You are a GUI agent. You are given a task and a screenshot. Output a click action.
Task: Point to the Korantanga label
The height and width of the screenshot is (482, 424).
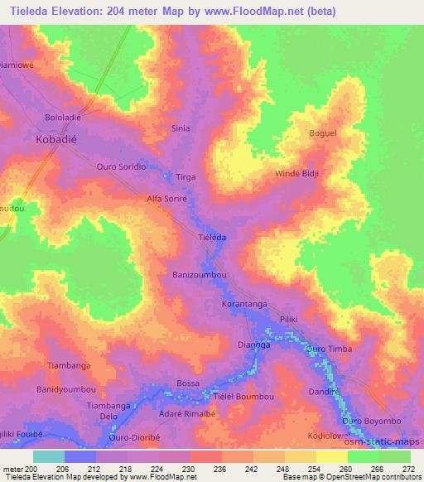[x=245, y=305]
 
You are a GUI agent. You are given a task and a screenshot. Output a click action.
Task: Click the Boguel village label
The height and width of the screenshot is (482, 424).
[x=323, y=133]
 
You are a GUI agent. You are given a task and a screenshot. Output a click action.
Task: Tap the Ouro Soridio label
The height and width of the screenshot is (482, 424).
[x=122, y=166]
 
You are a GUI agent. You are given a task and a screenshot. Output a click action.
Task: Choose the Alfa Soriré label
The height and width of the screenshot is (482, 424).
[x=170, y=200]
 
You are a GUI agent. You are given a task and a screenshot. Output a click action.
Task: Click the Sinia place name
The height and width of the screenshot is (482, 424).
[x=180, y=128]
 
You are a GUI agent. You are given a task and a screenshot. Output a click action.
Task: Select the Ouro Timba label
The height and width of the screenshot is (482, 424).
[x=329, y=349]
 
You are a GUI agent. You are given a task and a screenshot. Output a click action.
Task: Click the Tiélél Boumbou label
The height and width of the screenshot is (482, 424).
[x=244, y=398]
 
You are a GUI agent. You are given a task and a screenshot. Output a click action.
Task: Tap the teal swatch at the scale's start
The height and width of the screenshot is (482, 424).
[x=48, y=456]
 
